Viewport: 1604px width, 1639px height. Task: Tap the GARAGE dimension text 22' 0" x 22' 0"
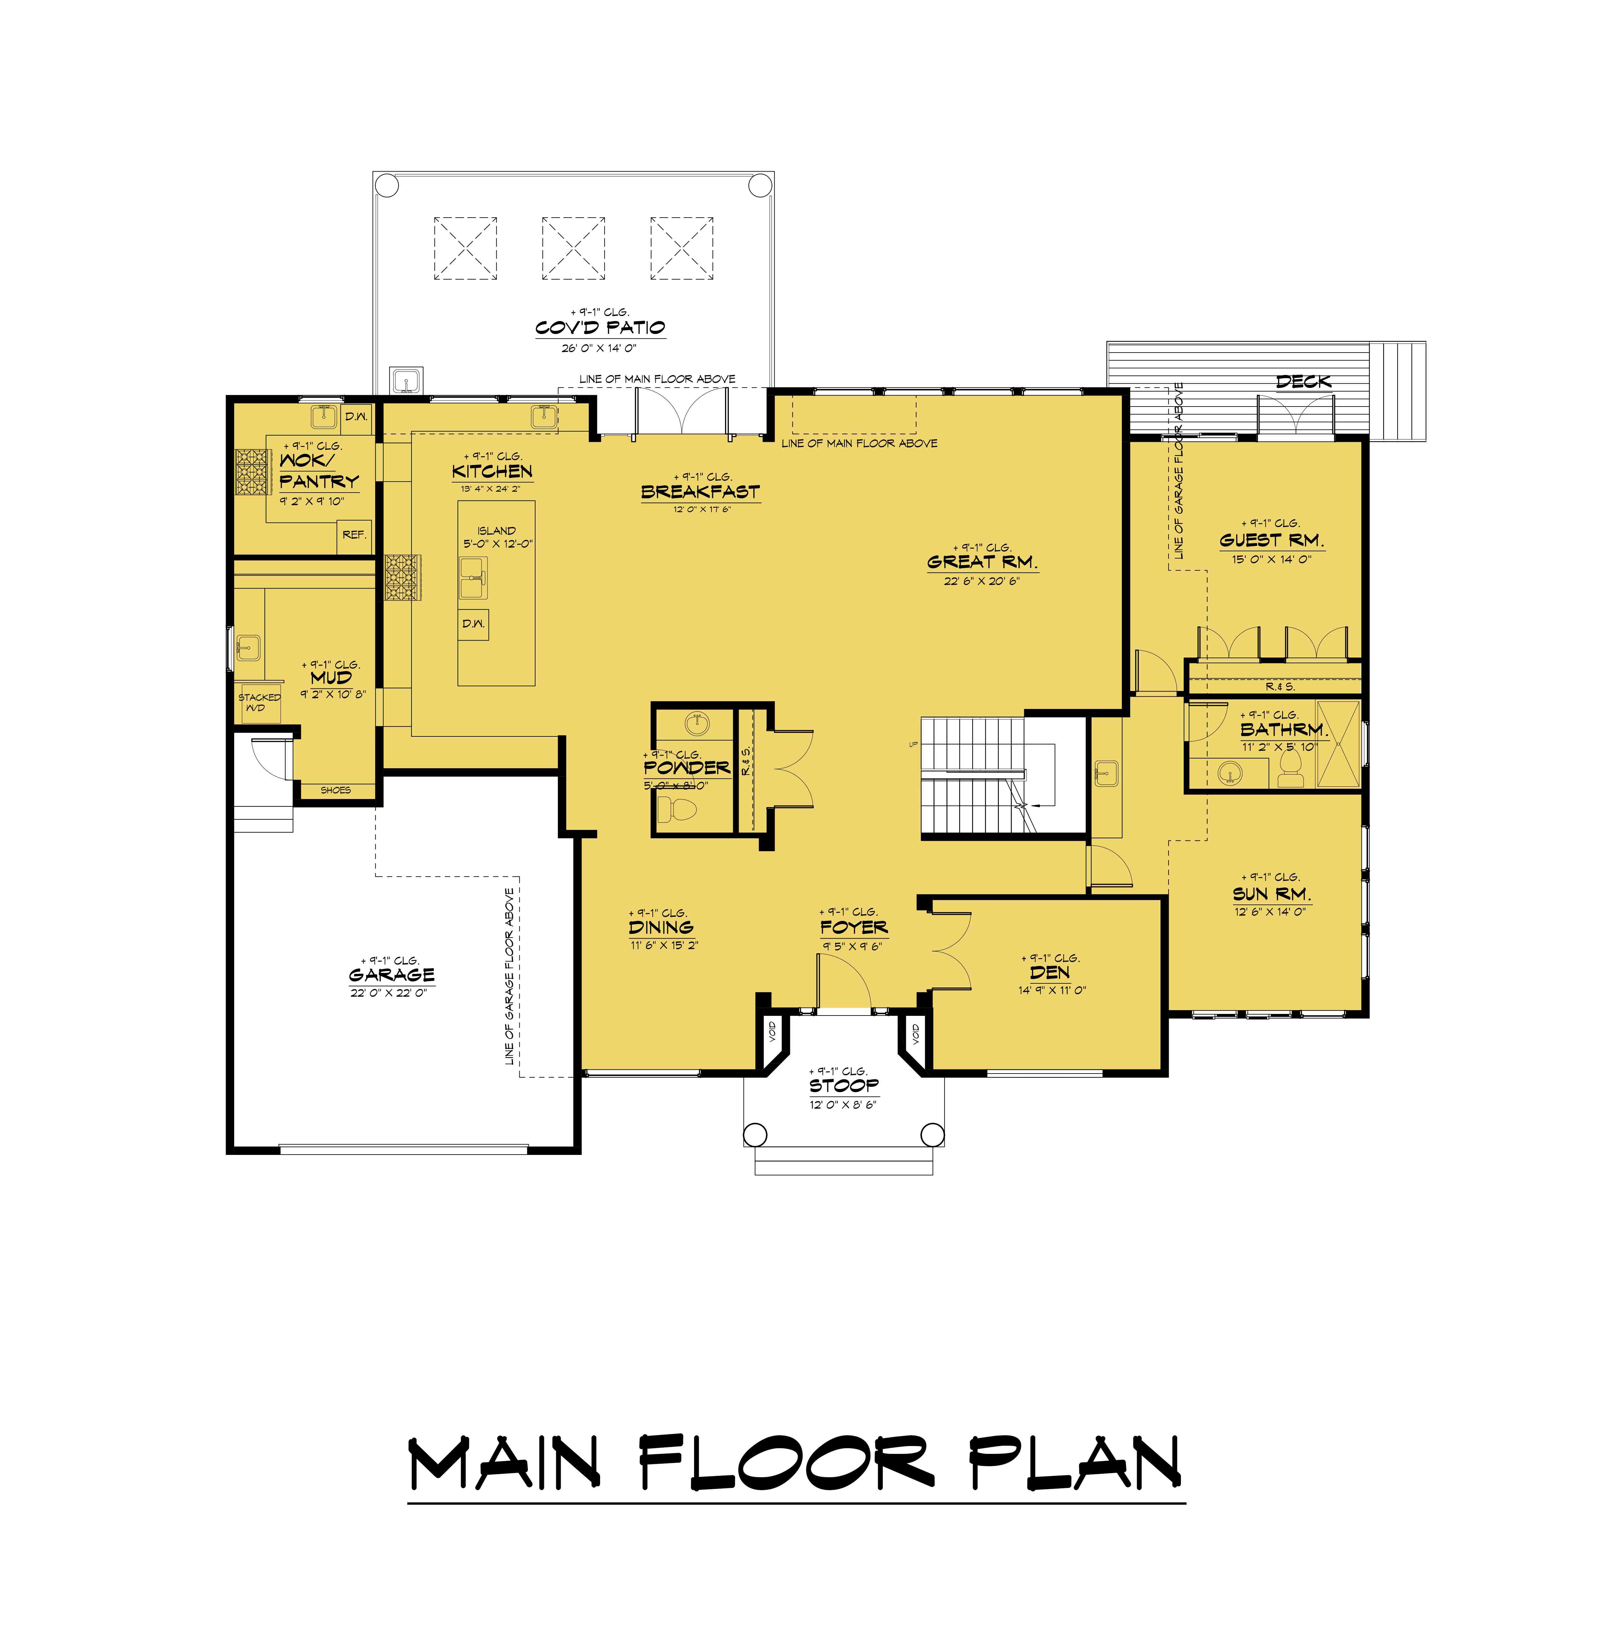click(x=389, y=993)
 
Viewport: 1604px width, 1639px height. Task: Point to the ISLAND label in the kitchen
click(x=496, y=530)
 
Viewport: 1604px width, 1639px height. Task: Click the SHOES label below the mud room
click(x=335, y=790)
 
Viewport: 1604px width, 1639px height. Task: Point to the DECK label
click(x=1303, y=382)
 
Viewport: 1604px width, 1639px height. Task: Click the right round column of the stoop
click(x=932, y=1134)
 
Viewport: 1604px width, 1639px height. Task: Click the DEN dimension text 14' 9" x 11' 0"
click(x=1051, y=991)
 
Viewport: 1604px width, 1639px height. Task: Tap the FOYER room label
click(x=853, y=927)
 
